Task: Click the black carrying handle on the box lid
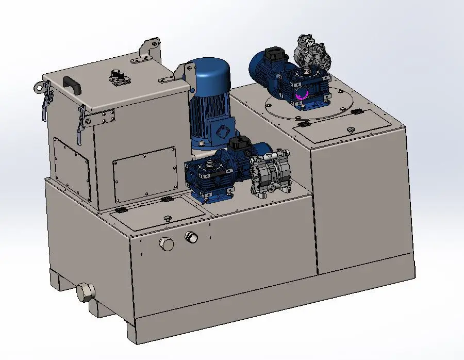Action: coord(73,84)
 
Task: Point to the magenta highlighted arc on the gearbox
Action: coord(303,93)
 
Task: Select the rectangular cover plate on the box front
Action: coord(145,173)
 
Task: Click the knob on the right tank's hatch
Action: coord(351,129)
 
